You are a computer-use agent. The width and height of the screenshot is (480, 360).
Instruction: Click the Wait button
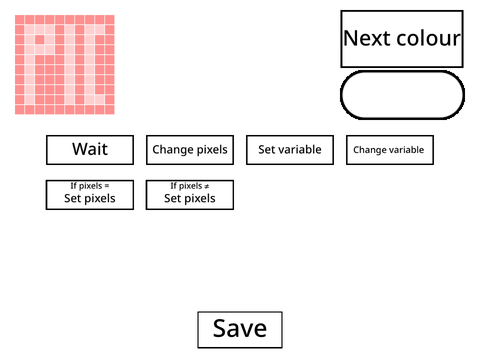point(90,150)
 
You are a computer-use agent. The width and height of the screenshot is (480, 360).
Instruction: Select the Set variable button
point(290,150)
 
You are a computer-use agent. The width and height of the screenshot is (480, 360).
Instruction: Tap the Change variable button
point(390,150)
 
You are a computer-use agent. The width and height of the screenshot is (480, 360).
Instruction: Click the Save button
point(240,330)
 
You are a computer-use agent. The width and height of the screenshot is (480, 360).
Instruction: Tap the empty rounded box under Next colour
point(402,95)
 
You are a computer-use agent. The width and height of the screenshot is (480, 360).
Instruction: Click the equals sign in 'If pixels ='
point(107,186)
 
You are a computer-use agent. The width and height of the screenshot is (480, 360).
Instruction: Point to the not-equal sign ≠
point(207,186)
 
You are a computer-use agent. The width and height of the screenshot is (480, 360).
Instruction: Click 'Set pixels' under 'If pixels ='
point(90,198)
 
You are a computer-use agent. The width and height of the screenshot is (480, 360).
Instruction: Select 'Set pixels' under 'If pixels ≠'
point(190,198)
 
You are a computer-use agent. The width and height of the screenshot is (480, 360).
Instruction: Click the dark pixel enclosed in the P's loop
point(40,40)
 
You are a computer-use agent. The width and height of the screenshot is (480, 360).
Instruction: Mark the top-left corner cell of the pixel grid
point(20,20)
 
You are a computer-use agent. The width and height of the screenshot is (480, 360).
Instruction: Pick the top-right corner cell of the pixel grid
point(110,20)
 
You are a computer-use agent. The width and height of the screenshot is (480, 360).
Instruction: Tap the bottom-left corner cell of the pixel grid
point(20,110)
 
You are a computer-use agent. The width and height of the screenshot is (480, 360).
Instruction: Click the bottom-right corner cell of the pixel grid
point(110,110)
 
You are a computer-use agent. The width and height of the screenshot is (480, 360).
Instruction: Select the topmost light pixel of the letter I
point(70,30)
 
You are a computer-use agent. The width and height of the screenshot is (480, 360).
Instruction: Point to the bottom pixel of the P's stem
point(30,100)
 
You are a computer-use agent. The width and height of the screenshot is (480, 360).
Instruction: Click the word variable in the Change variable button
point(407,150)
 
